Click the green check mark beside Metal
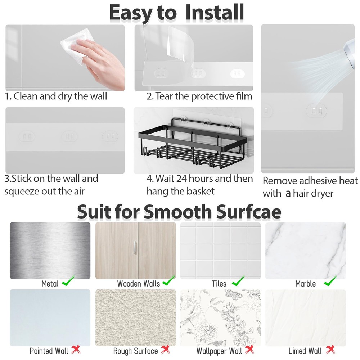pyautogui.click(x=68, y=281)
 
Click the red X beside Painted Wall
pyautogui.click(x=76, y=349)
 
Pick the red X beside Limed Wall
pyautogui.click(x=330, y=349)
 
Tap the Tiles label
pyautogui.click(x=219, y=284)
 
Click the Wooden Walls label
pyautogui.click(x=138, y=284)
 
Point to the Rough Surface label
pyautogui.click(x=135, y=351)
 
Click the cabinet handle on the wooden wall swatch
pyautogui.click(x=135, y=248)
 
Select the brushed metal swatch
pyautogui.click(x=50, y=251)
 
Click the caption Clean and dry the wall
pyautogui.click(x=60, y=96)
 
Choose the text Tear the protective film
pyautogui.click(x=203, y=96)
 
